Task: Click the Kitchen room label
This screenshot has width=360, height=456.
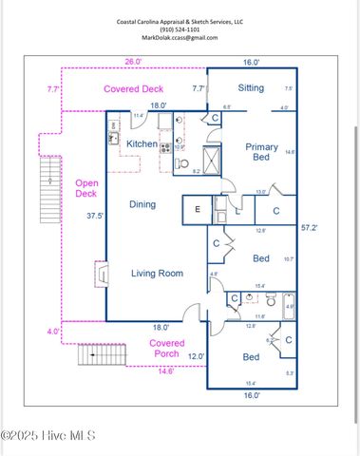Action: click(142, 143)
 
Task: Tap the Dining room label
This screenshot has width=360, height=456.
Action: click(142, 203)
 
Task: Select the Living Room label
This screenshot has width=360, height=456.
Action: click(157, 274)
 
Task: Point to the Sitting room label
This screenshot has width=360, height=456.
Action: click(252, 88)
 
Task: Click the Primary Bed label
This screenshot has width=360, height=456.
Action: click(261, 153)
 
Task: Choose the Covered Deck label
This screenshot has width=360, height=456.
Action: click(134, 89)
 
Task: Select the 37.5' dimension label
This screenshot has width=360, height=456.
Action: click(93, 216)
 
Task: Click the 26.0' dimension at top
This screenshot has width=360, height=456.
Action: click(134, 62)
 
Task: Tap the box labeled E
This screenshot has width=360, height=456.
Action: click(197, 209)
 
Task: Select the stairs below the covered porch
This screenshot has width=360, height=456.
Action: click(94, 355)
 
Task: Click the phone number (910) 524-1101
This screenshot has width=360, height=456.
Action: click(180, 28)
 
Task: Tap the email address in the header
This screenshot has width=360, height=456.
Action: click(180, 38)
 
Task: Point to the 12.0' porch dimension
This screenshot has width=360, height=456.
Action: click(195, 356)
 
